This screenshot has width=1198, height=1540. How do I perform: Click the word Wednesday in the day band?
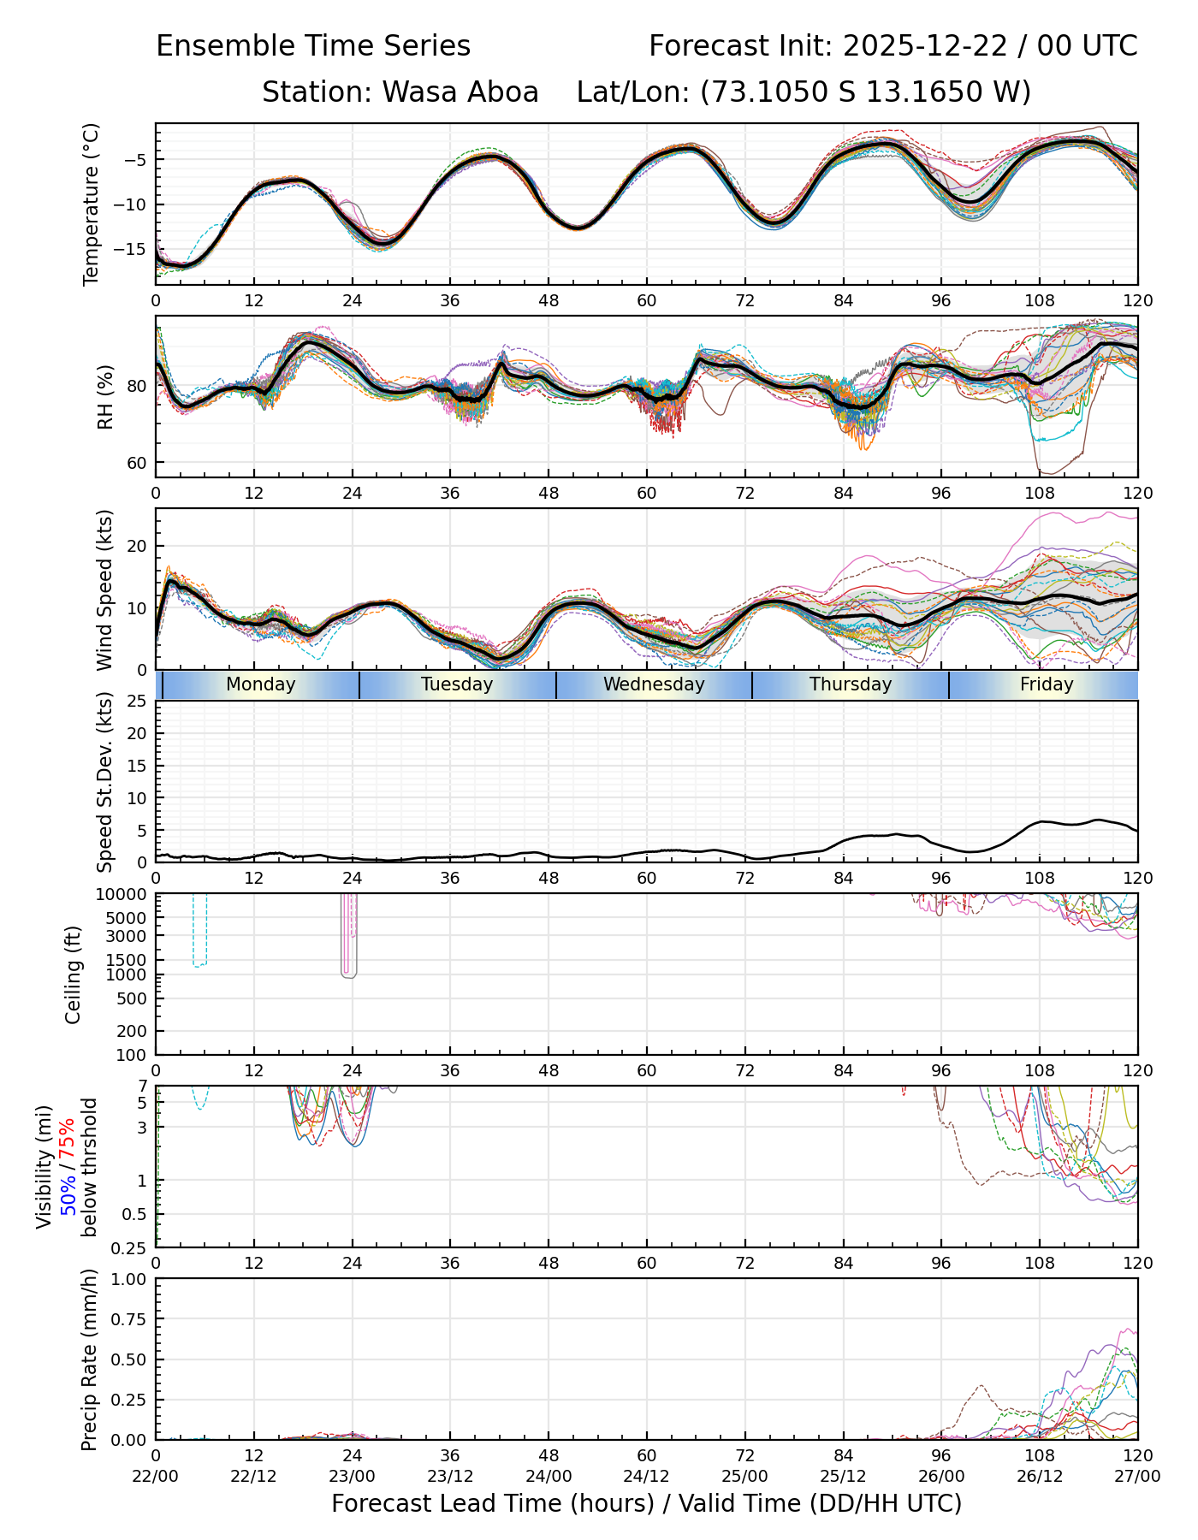click(x=654, y=684)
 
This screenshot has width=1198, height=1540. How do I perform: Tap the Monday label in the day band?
click(x=261, y=684)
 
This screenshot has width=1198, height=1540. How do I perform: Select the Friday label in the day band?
click(x=1047, y=684)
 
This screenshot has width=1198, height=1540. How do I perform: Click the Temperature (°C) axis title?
click(x=92, y=204)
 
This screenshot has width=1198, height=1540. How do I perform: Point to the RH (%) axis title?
click(x=106, y=396)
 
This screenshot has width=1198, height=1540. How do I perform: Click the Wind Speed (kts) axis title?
click(x=104, y=589)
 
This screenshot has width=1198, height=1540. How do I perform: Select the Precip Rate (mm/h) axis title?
click(x=89, y=1359)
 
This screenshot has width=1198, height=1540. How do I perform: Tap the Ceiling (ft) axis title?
click(x=74, y=974)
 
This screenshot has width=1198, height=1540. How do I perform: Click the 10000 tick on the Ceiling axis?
click(x=125, y=894)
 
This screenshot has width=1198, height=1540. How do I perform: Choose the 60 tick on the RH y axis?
click(x=137, y=463)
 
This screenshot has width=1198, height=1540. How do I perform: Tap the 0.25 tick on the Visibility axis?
click(x=130, y=1247)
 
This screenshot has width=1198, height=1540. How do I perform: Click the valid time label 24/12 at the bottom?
click(x=647, y=1476)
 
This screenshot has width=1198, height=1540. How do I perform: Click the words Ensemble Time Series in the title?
click(x=313, y=46)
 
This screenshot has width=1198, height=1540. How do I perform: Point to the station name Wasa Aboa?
click(x=460, y=92)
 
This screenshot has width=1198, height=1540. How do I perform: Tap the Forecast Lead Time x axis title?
click(x=647, y=1503)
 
